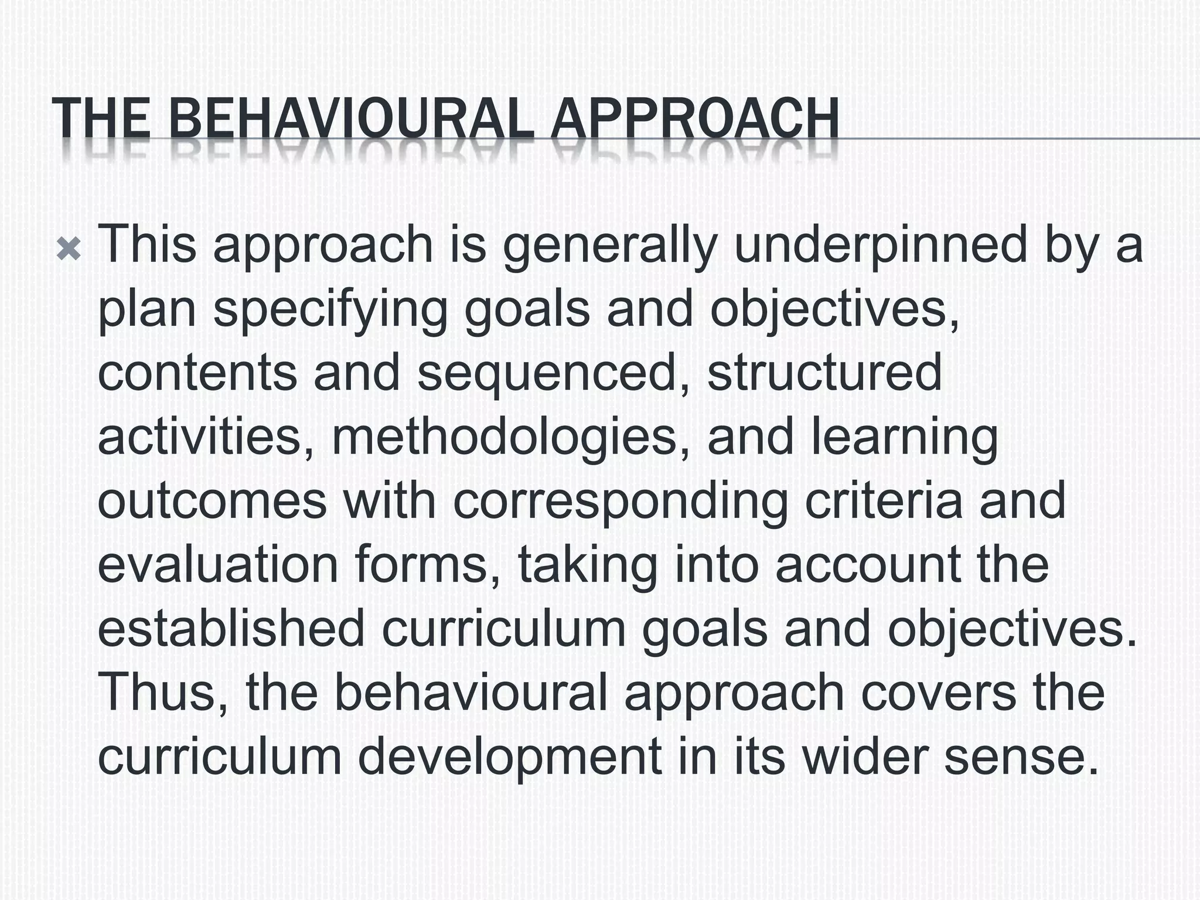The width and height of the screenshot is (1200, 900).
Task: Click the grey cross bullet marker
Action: pyautogui.click(x=69, y=251)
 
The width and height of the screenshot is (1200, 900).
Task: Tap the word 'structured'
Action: pyautogui.click(x=824, y=373)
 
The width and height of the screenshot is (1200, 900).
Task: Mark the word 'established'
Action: pyautogui.click(x=231, y=629)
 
